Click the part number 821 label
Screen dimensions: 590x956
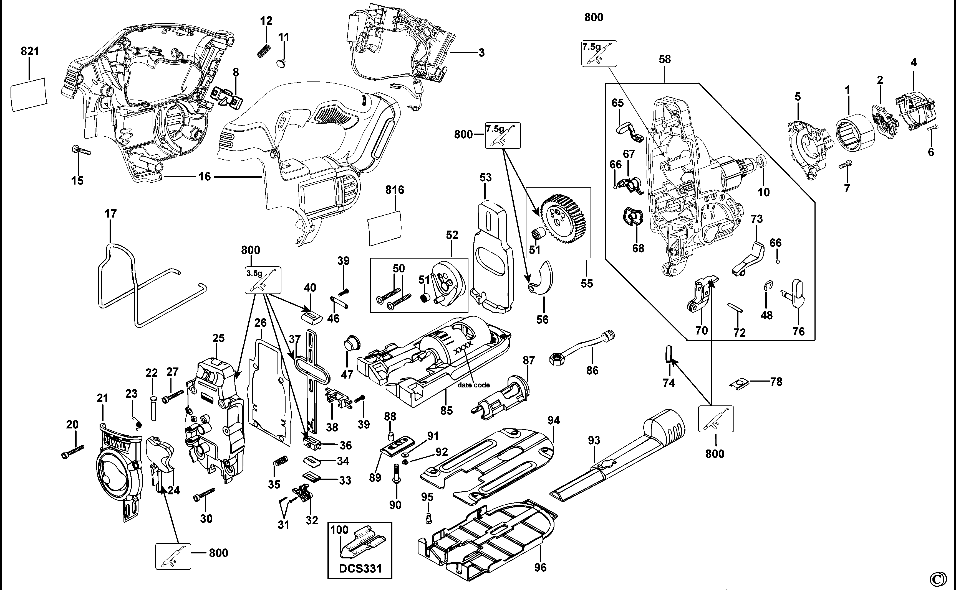click(30, 51)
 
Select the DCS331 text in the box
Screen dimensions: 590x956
click(360, 568)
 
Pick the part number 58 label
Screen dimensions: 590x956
click(665, 59)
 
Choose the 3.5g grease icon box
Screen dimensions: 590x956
click(263, 280)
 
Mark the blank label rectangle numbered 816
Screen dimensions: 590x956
click(385, 228)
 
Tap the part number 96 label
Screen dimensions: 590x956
click(540, 567)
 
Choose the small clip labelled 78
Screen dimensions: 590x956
click(738, 384)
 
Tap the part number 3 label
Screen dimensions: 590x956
click(481, 53)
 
